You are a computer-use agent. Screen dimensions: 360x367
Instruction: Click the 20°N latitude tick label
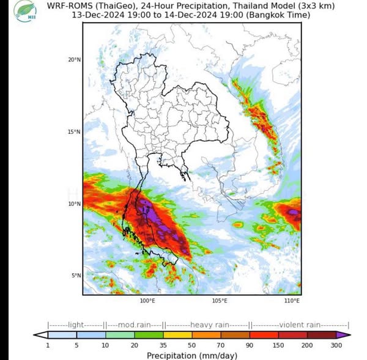[x=73, y=59]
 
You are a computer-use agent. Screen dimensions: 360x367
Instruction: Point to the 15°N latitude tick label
[x=73, y=131]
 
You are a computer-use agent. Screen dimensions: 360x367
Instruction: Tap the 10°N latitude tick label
[x=73, y=204]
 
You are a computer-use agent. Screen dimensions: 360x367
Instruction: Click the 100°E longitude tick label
[x=147, y=301]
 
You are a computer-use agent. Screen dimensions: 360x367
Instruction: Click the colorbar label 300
[x=336, y=345]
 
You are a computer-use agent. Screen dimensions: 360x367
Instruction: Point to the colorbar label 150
[x=279, y=345]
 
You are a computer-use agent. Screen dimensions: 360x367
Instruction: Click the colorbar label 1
[x=48, y=345]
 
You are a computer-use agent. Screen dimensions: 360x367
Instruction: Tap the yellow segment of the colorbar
[x=177, y=335]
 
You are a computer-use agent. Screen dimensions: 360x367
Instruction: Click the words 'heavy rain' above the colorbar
[x=209, y=325]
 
